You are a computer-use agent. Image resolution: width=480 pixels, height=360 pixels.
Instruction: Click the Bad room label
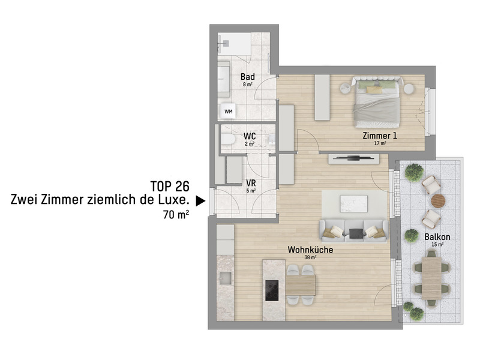point(248,77)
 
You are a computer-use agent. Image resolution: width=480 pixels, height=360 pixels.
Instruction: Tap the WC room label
point(250,136)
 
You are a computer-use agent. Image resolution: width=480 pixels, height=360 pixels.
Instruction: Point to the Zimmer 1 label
point(380,136)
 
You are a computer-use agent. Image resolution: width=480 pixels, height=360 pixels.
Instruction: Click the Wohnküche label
point(310,250)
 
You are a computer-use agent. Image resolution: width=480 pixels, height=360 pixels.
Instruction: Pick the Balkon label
point(437,236)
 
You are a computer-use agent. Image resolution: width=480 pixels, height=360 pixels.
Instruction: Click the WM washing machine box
point(229,111)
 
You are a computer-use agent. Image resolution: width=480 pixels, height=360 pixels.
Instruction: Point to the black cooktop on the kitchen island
point(271,290)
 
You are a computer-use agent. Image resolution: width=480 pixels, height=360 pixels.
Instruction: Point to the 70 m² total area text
point(176,214)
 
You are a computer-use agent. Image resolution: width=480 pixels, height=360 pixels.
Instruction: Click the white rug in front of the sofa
point(353,204)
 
